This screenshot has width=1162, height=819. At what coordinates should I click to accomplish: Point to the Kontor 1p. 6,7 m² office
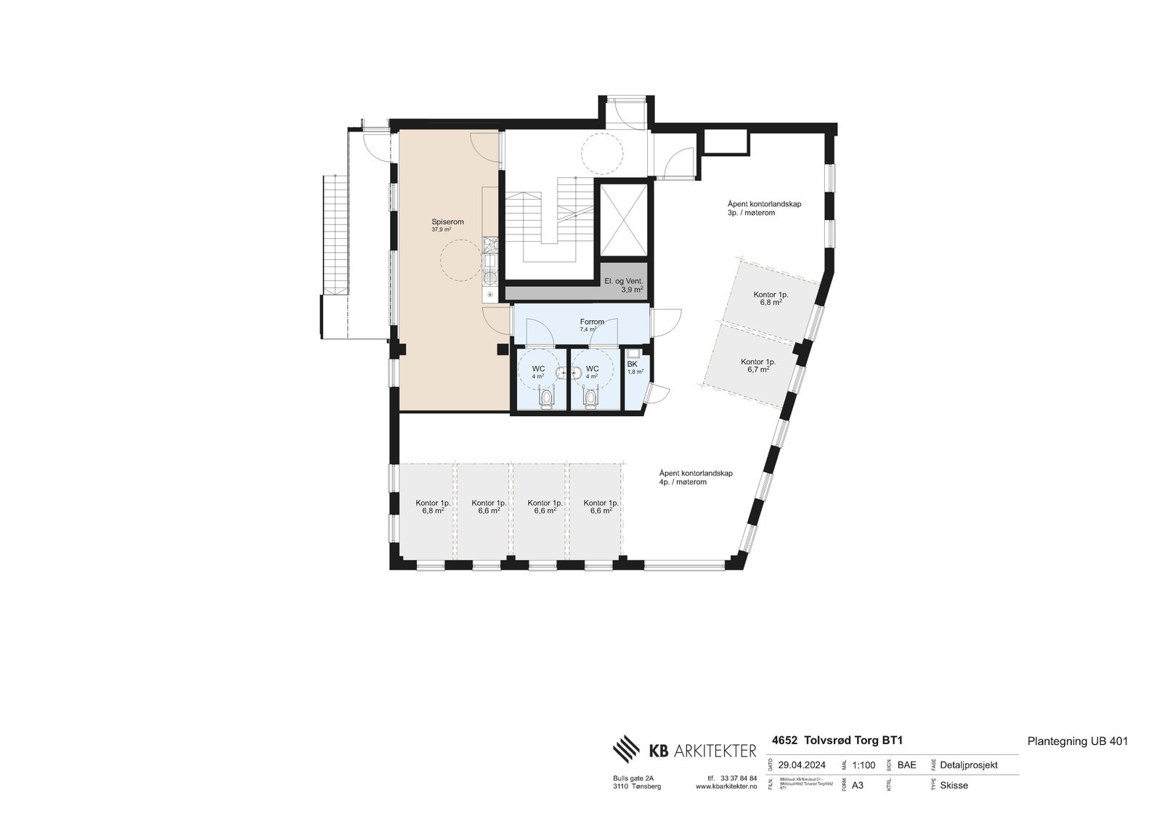(757, 364)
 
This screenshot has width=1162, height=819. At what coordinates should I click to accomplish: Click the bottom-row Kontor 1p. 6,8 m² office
(433, 506)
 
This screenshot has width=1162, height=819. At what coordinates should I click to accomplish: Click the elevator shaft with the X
(623, 219)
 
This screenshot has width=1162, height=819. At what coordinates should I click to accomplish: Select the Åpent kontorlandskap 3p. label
(764, 208)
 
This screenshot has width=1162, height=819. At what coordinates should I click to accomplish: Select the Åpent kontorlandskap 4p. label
(695, 477)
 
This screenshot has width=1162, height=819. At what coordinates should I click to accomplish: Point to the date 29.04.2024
(802, 765)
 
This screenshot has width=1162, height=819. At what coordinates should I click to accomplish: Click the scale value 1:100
(863, 765)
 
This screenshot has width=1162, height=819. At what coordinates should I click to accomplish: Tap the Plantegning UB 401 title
(1077, 741)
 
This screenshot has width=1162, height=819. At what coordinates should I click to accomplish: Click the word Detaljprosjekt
(968, 765)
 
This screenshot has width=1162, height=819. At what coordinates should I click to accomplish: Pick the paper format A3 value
(857, 785)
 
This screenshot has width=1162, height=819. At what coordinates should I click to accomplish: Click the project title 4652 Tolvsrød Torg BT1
(837, 741)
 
